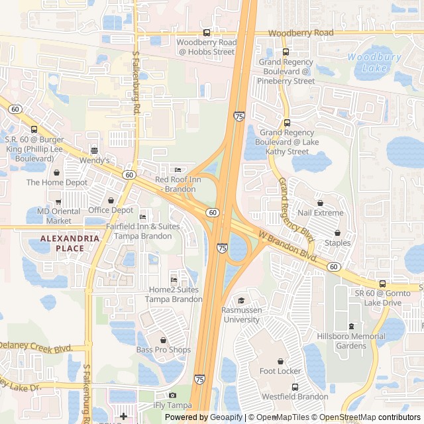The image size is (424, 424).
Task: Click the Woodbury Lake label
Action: [374, 62]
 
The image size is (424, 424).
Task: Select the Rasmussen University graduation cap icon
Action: [241, 300]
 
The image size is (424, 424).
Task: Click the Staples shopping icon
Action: [338, 233]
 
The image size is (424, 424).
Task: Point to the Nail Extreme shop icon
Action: [321, 203]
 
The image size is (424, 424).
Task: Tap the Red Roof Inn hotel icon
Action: [177, 170]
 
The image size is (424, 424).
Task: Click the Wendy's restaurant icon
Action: [94, 150]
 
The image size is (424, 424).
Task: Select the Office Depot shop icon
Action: [111, 200]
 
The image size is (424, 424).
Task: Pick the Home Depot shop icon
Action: [56, 172]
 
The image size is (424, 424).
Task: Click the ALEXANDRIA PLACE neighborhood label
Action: [62, 243]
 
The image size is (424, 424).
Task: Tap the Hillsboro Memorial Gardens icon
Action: [351, 327]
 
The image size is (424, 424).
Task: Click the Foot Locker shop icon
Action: [280, 361]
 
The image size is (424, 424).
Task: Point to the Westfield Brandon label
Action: [295, 397]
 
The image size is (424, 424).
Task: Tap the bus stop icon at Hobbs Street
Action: [207, 32]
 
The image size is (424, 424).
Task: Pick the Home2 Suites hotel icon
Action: [174, 280]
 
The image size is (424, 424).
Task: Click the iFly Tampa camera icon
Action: [172, 396]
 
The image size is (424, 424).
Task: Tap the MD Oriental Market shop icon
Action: [58, 201]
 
